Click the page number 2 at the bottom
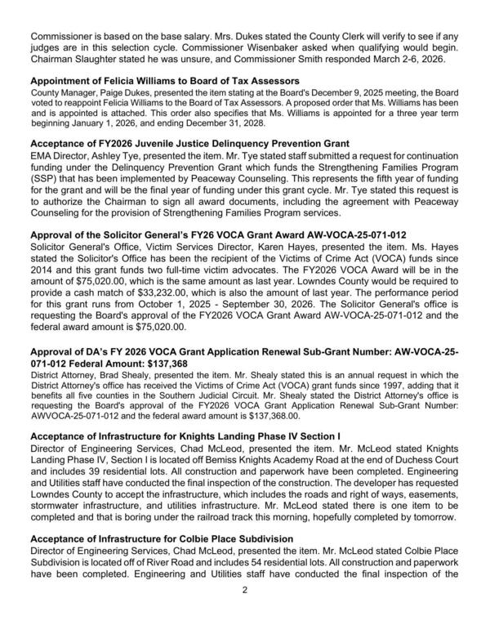244,612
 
